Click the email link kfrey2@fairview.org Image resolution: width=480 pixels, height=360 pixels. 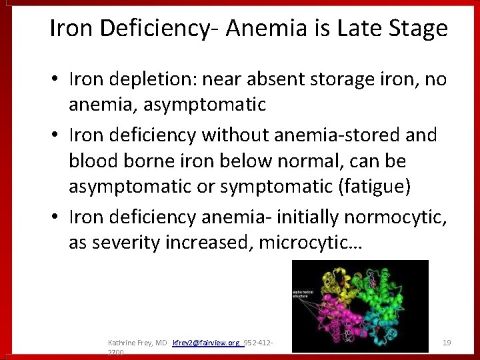205,343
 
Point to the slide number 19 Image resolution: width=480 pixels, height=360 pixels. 447,343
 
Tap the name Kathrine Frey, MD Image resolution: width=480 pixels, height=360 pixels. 137,343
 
